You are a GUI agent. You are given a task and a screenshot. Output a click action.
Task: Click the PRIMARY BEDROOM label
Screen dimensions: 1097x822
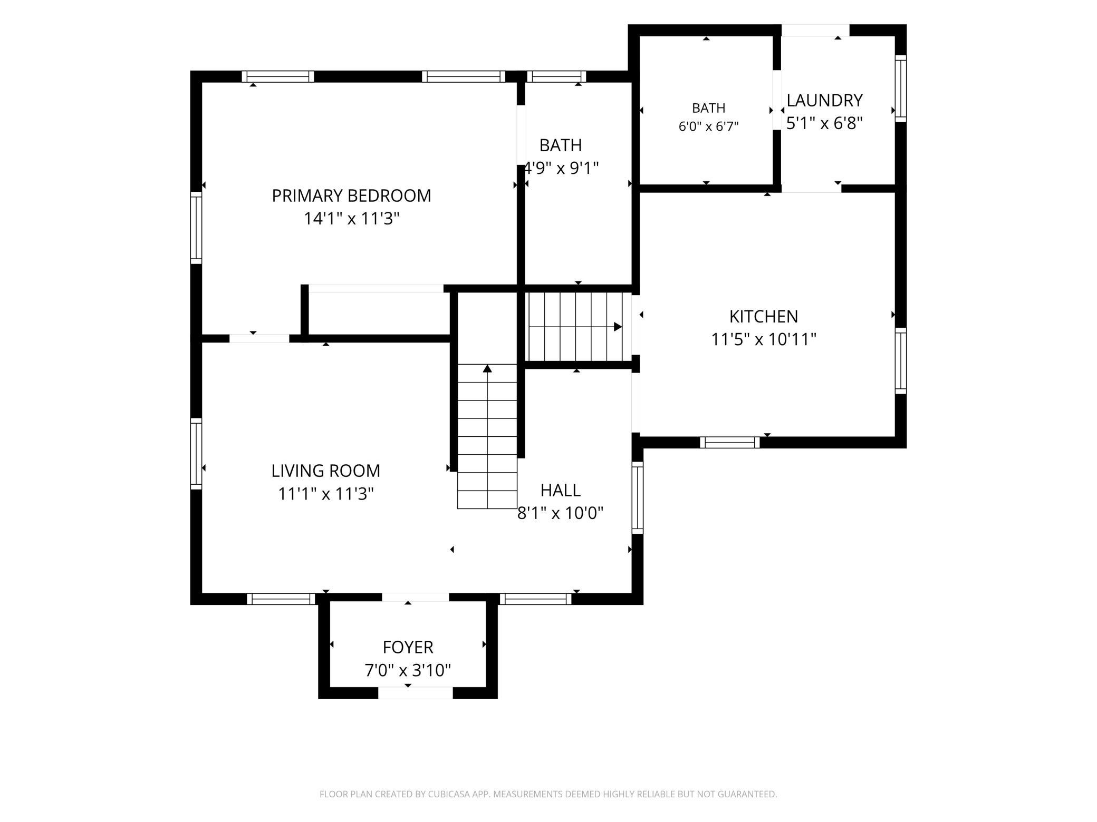(x=351, y=195)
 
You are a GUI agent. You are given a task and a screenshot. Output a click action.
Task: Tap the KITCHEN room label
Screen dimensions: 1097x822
(x=764, y=316)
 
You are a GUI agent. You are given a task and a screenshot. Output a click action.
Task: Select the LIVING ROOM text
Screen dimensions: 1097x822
(x=326, y=471)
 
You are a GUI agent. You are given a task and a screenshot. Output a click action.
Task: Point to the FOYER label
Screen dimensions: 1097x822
(x=408, y=647)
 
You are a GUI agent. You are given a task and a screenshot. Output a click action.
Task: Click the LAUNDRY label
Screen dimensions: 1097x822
(x=825, y=100)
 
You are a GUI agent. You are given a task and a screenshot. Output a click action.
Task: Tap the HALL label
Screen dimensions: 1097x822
(x=561, y=490)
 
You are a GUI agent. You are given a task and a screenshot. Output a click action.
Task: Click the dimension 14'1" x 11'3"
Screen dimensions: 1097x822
(x=351, y=218)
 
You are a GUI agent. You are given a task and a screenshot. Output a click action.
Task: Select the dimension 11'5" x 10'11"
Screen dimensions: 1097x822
(x=764, y=339)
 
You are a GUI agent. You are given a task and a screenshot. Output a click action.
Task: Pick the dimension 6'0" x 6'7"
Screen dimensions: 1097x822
(x=708, y=126)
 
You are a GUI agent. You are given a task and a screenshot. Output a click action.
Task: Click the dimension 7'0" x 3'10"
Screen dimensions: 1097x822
(x=408, y=670)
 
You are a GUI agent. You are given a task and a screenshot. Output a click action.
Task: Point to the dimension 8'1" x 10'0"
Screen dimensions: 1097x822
(x=560, y=513)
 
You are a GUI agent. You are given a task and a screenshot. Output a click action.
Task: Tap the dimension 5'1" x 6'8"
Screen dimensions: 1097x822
(x=825, y=123)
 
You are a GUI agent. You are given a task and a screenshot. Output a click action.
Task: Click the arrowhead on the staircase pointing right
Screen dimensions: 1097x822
(x=618, y=327)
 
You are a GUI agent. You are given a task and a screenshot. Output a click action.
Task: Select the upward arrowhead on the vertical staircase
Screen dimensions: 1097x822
(x=487, y=368)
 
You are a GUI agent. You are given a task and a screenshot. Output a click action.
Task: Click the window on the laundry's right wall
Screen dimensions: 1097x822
(x=901, y=89)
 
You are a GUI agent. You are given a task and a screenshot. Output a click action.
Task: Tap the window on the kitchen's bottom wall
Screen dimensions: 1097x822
(x=730, y=443)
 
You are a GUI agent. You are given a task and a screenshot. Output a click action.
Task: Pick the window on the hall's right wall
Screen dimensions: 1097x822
(x=638, y=498)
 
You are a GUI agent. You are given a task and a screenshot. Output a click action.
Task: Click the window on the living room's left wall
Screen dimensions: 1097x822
(x=196, y=454)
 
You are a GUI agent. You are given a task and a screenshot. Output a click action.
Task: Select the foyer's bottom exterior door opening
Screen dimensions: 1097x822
(x=416, y=693)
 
